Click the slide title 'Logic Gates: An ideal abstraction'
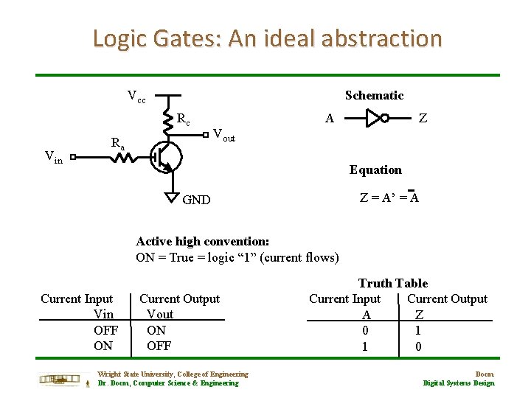click(267, 38)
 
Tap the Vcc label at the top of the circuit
click(136, 96)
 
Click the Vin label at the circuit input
click(53, 156)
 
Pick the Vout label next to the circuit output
click(223, 135)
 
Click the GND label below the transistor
click(196, 200)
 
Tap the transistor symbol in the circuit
click(164, 156)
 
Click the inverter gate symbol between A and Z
click(377, 117)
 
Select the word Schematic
click(374, 95)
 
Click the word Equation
click(375, 170)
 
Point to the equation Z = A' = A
click(389, 197)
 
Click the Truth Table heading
click(392, 283)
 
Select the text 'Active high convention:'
click(203, 241)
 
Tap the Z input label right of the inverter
click(422, 117)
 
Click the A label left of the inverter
click(330, 117)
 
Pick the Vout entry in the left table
click(160, 314)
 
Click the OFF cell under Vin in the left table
click(106, 330)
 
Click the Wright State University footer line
click(173, 374)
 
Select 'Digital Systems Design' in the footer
click(458, 383)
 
